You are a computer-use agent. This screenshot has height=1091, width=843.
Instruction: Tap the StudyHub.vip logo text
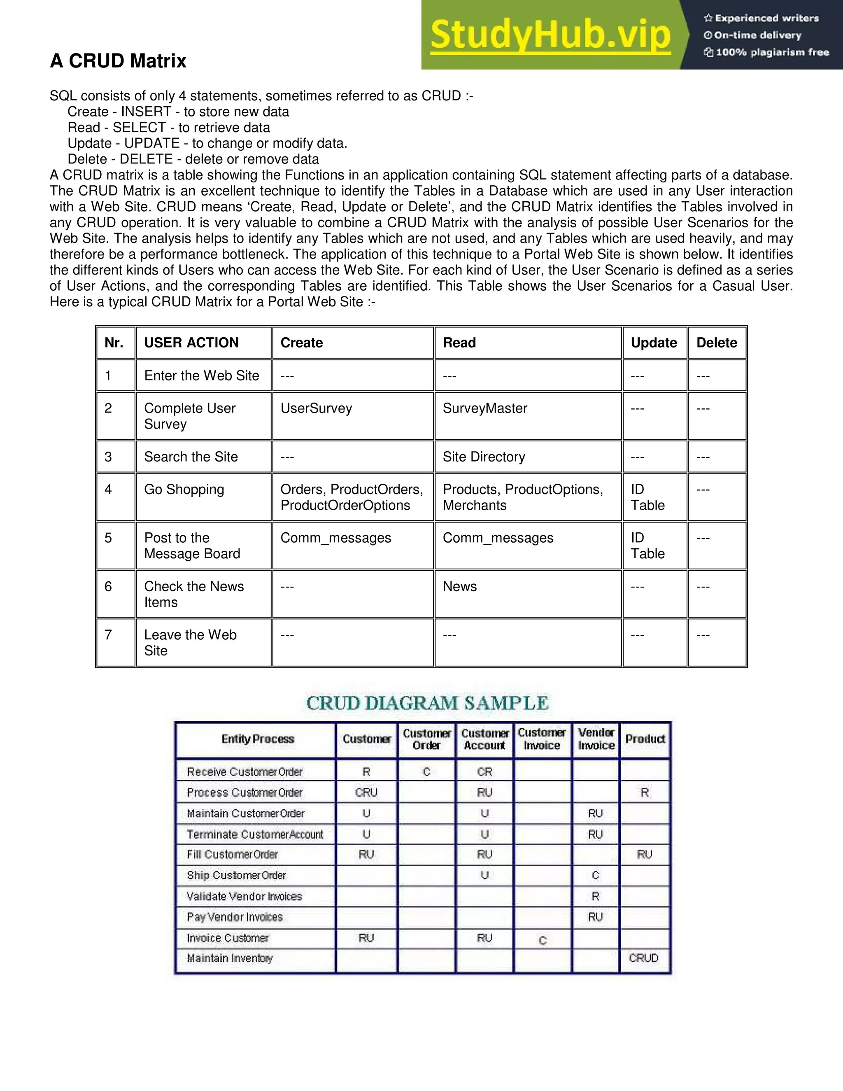(x=550, y=35)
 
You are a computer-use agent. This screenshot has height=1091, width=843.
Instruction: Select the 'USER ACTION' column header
(x=191, y=343)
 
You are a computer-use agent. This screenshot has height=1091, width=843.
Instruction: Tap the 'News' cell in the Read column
(x=459, y=586)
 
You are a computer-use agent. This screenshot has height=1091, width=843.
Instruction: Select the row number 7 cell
(x=108, y=634)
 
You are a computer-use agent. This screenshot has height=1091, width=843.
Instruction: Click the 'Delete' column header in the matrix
(x=716, y=343)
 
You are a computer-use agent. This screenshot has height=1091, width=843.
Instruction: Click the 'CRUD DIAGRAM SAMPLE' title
(x=427, y=703)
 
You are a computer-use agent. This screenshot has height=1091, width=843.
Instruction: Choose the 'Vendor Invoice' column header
(x=596, y=739)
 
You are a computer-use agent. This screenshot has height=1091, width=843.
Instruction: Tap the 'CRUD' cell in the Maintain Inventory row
(x=644, y=958)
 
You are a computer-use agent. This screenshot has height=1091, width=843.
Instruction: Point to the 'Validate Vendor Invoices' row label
(x=244, y=896)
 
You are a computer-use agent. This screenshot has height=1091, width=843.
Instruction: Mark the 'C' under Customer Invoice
(x=543, y=941)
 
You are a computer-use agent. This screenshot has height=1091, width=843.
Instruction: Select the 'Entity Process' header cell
(x=258, y=739)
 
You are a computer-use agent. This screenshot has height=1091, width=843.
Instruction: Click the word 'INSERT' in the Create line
(x=146, y=112)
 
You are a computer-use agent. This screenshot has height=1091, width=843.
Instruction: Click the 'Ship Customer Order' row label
(x=236, y=875)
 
